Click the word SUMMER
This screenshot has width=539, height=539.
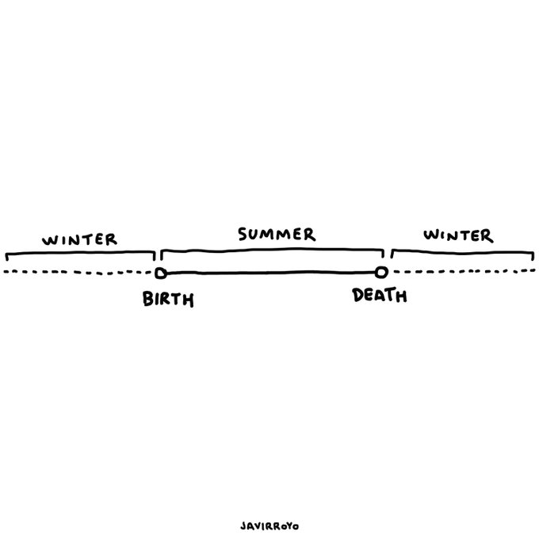[x=277, y=235]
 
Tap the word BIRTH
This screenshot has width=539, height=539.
[x=168, y=300]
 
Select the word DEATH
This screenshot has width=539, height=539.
[x=380, y=296]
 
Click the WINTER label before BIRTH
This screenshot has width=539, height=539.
[x=80, y=239]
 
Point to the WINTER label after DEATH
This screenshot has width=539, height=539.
[x=457, y=235]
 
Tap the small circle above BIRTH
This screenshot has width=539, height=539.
[x=160, y=273]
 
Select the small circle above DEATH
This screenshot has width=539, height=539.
[x=381, y=273]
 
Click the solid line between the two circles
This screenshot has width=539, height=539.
[x=269, y=273]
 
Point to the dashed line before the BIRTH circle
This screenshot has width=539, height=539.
[x=79, y=273]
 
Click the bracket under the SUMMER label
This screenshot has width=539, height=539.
[x=272, y=250]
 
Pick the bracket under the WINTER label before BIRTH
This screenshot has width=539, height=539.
[x=79, y=254]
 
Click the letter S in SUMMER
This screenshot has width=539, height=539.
[x=243, y=235]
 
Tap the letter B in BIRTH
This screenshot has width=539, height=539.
[x=148, y=300]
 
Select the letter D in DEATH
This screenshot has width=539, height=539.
[x=358, y=296]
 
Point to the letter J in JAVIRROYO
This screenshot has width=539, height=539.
[x=241, y=526]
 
